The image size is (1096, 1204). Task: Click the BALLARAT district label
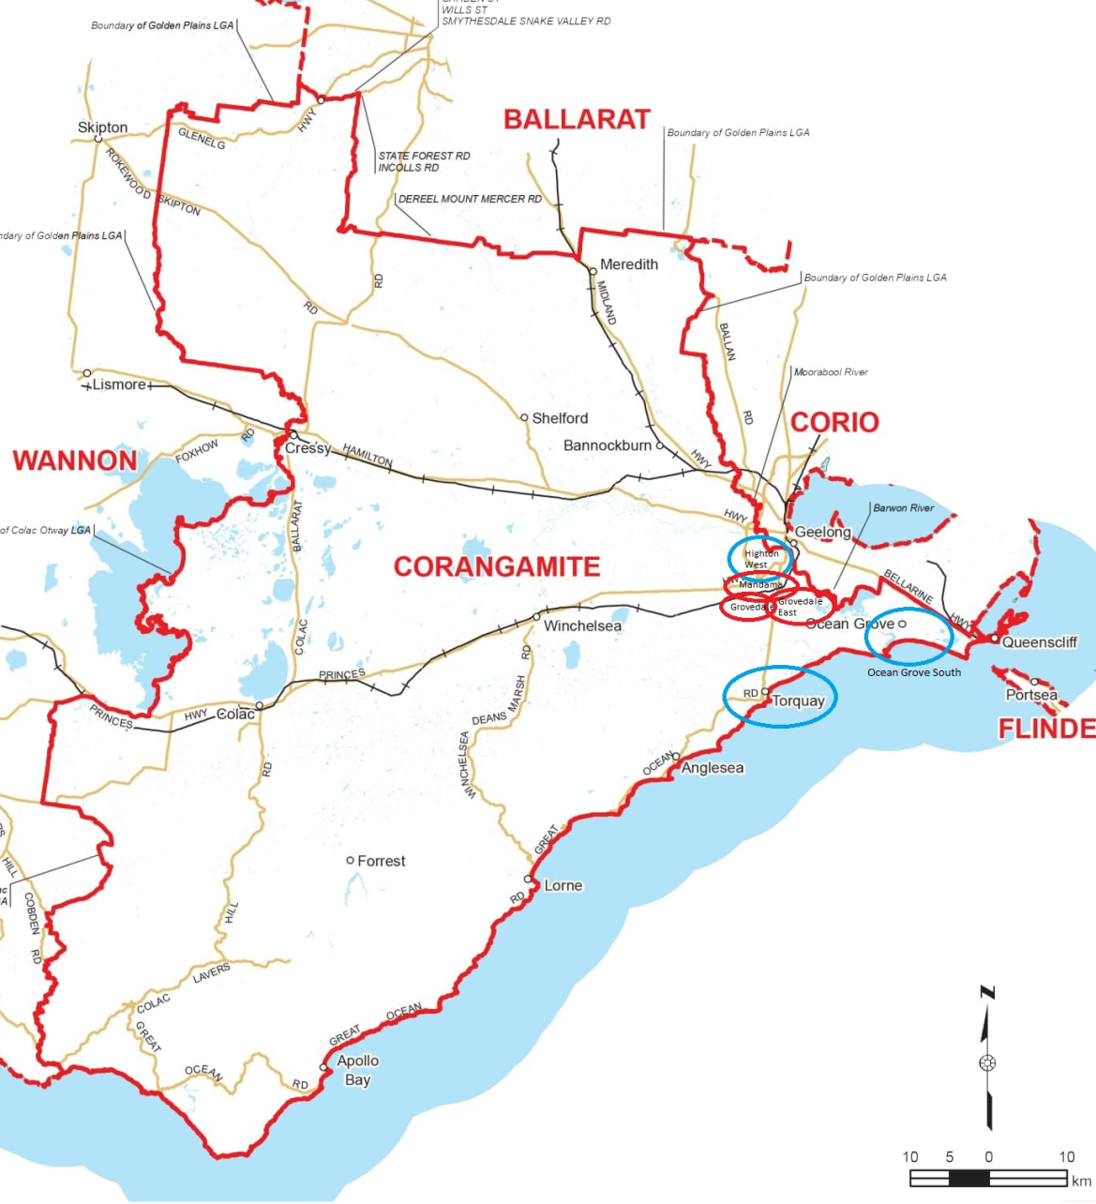[x=577, y=119]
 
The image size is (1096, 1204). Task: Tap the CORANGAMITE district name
[x=496, y=566]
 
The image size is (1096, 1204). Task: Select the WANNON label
[x=75, y=460]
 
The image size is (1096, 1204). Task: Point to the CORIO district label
[x=834, y=422]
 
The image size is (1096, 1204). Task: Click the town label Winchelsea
[x=582, y=625]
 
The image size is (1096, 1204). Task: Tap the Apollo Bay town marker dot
[x=324, y=1068]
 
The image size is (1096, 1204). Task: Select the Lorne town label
[x=563, y=885]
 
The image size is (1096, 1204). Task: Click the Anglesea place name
[x=713, y=768]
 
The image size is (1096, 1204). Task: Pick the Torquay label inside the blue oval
[x=798, y=700]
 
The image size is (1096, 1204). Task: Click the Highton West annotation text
[x=760, y=559]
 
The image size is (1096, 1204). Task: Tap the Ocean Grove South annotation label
[x=913, y=672]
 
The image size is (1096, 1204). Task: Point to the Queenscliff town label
[x=1039, y=642]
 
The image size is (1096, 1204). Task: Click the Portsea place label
[x=1031, y=695]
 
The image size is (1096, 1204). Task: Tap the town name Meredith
[x=628, y=264]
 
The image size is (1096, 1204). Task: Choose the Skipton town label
[x=102, y=128]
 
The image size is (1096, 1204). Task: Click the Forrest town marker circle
[x=351, y=860]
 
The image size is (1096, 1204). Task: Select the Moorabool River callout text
[x=831, y=372]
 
